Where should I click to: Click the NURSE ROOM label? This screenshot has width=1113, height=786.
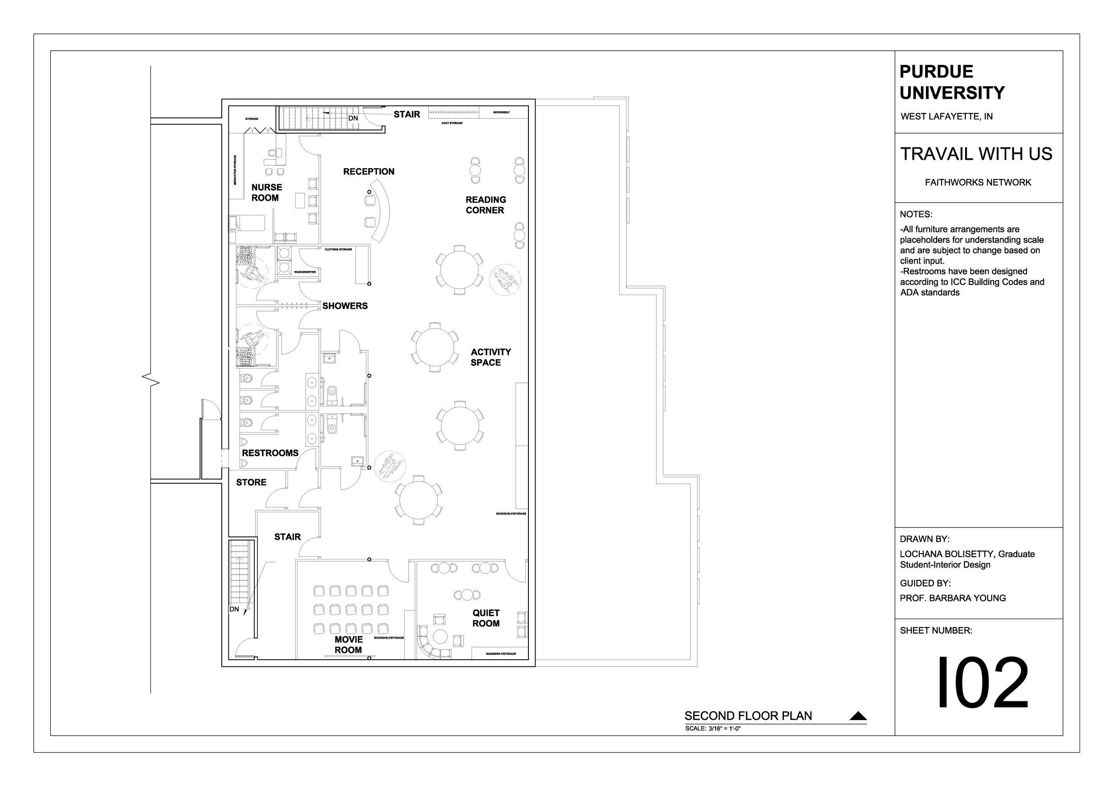pos(266,192)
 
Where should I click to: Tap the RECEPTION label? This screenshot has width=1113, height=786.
pos(369,171)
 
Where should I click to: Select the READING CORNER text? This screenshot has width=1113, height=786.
pos(485,205)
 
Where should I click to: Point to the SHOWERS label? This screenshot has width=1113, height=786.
pos(345,306)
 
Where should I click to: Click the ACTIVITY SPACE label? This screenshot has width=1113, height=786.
pos(490,357)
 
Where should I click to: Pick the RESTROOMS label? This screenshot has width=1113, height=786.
pos(270,453)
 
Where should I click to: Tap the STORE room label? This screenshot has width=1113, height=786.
pos(251,482)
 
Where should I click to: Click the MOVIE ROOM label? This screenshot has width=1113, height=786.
pos(348,645)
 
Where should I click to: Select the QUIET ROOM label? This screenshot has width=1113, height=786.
pos(486,618)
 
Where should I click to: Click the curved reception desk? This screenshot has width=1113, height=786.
pos(384,211)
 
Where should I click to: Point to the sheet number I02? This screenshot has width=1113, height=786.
pos(982,683)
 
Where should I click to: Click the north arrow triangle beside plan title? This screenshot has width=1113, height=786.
pos(858,716)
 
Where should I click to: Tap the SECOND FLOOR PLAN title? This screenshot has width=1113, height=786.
pos(747,716)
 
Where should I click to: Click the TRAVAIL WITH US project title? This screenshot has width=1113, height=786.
pos(976,154)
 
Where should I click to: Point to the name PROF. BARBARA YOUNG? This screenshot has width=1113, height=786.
pos(953,598)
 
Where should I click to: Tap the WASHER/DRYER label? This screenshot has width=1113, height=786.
pos(305,272)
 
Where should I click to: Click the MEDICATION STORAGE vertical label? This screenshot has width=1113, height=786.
pos(235,170)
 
